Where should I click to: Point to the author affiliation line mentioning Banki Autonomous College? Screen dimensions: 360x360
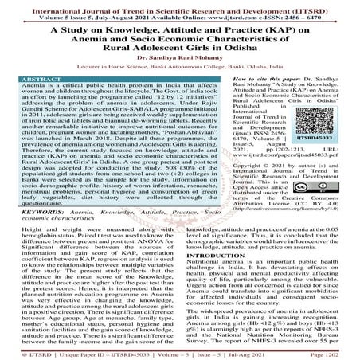point(180,70)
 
